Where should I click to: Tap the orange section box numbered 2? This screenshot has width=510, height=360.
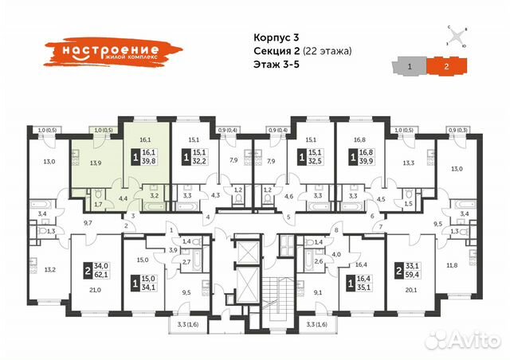447,68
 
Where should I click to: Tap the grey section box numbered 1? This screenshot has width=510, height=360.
410,68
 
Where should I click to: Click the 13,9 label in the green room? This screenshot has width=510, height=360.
96,162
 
